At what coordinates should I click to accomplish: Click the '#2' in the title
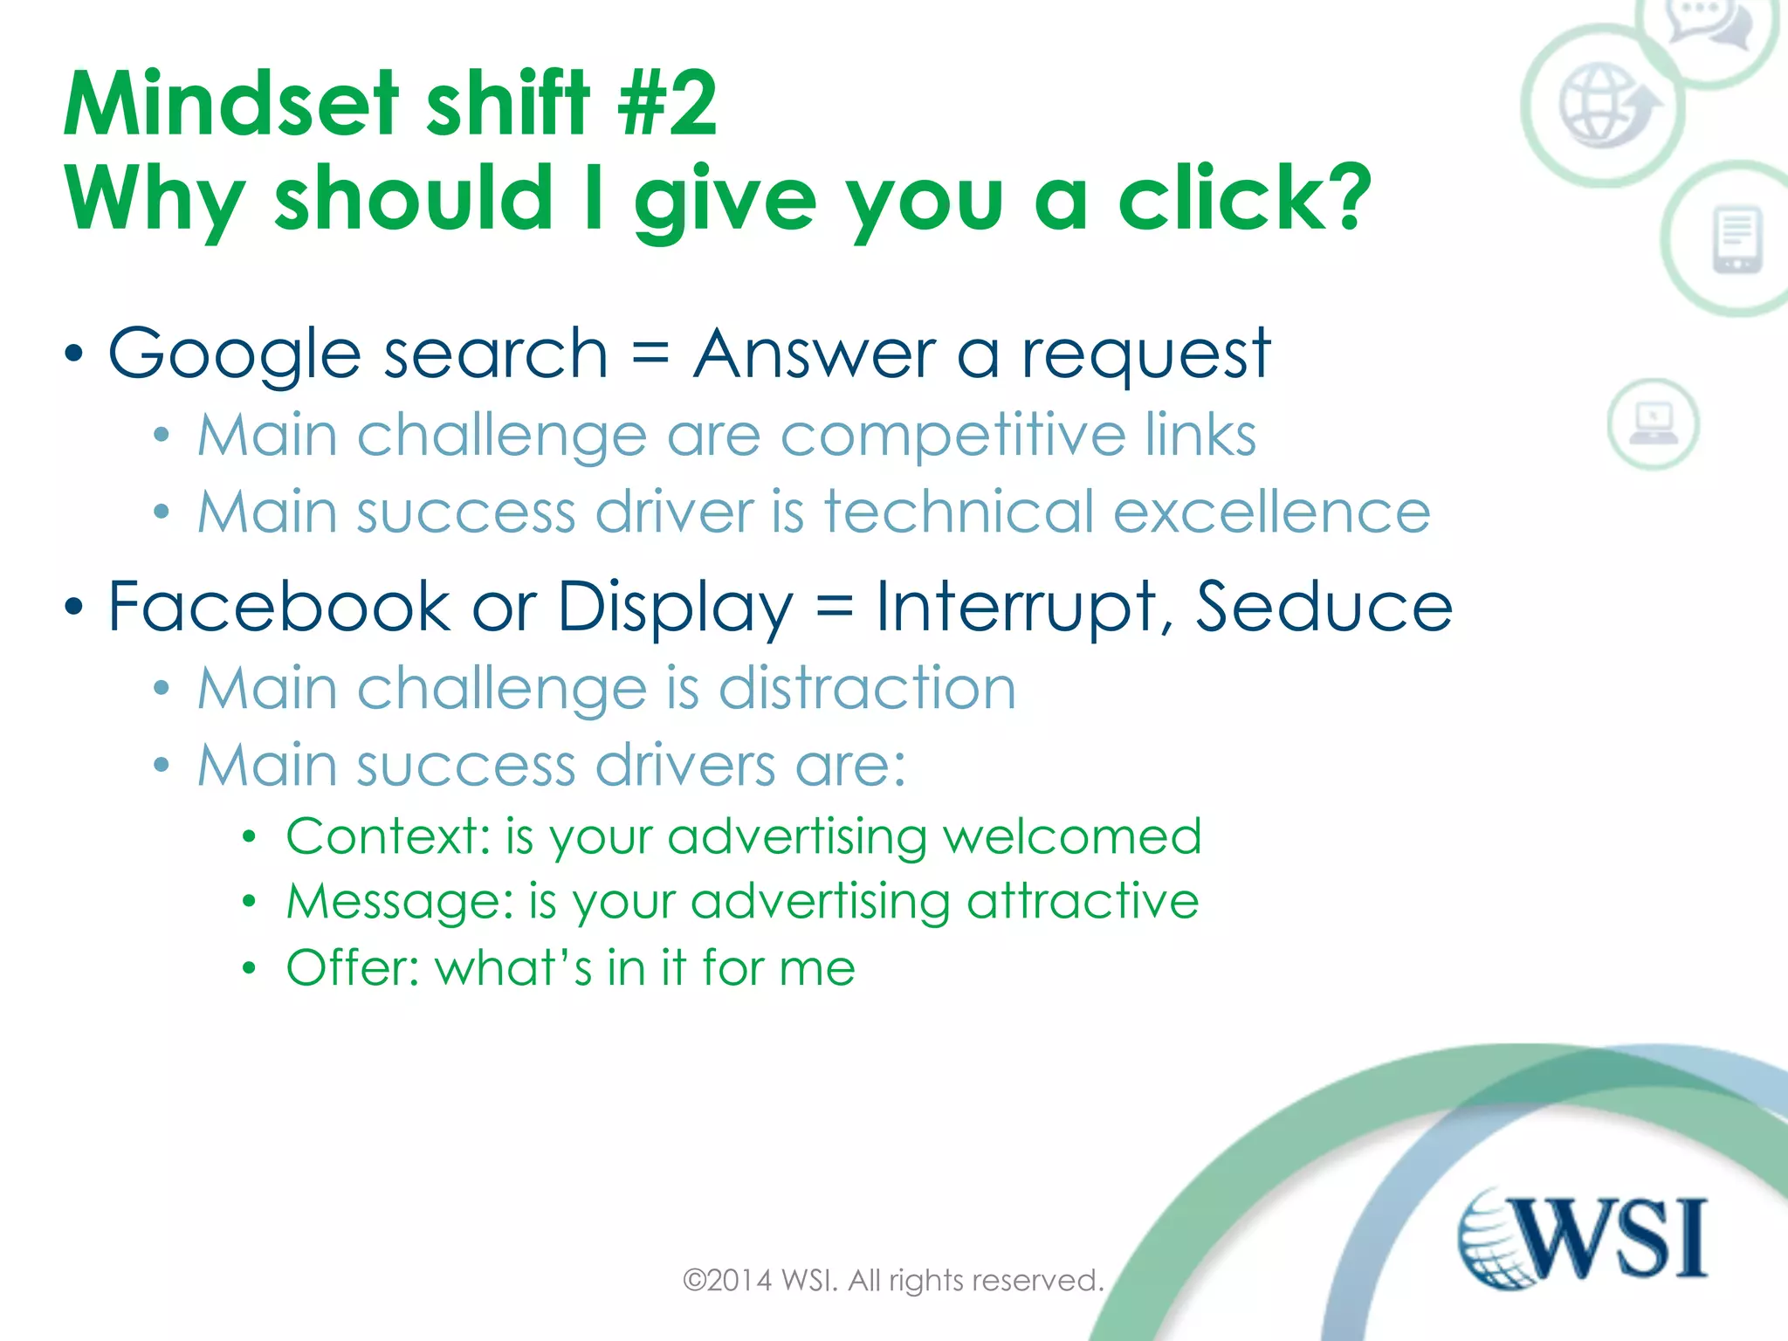tap(667, 105)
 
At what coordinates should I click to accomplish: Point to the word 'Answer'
tap(814, 354)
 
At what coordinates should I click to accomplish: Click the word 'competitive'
tap(952, 436)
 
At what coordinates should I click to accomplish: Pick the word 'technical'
tap(958, 512)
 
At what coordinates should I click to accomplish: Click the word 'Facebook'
tap(279, 606)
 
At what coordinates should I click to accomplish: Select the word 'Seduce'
tap(1323, 606)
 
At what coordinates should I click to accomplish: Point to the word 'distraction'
tap(867, 688)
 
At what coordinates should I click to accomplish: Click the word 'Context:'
tap(389, 836)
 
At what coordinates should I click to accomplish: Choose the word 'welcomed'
tap(1072, 836)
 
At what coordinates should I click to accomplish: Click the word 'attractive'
tap(1083, 901)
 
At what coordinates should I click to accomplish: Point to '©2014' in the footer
tap(727, 1281)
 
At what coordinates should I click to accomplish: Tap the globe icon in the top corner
tap(1599, 105)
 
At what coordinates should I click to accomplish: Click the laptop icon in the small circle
tap(1653, 424)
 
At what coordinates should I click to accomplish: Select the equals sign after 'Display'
tap(834, 606)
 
